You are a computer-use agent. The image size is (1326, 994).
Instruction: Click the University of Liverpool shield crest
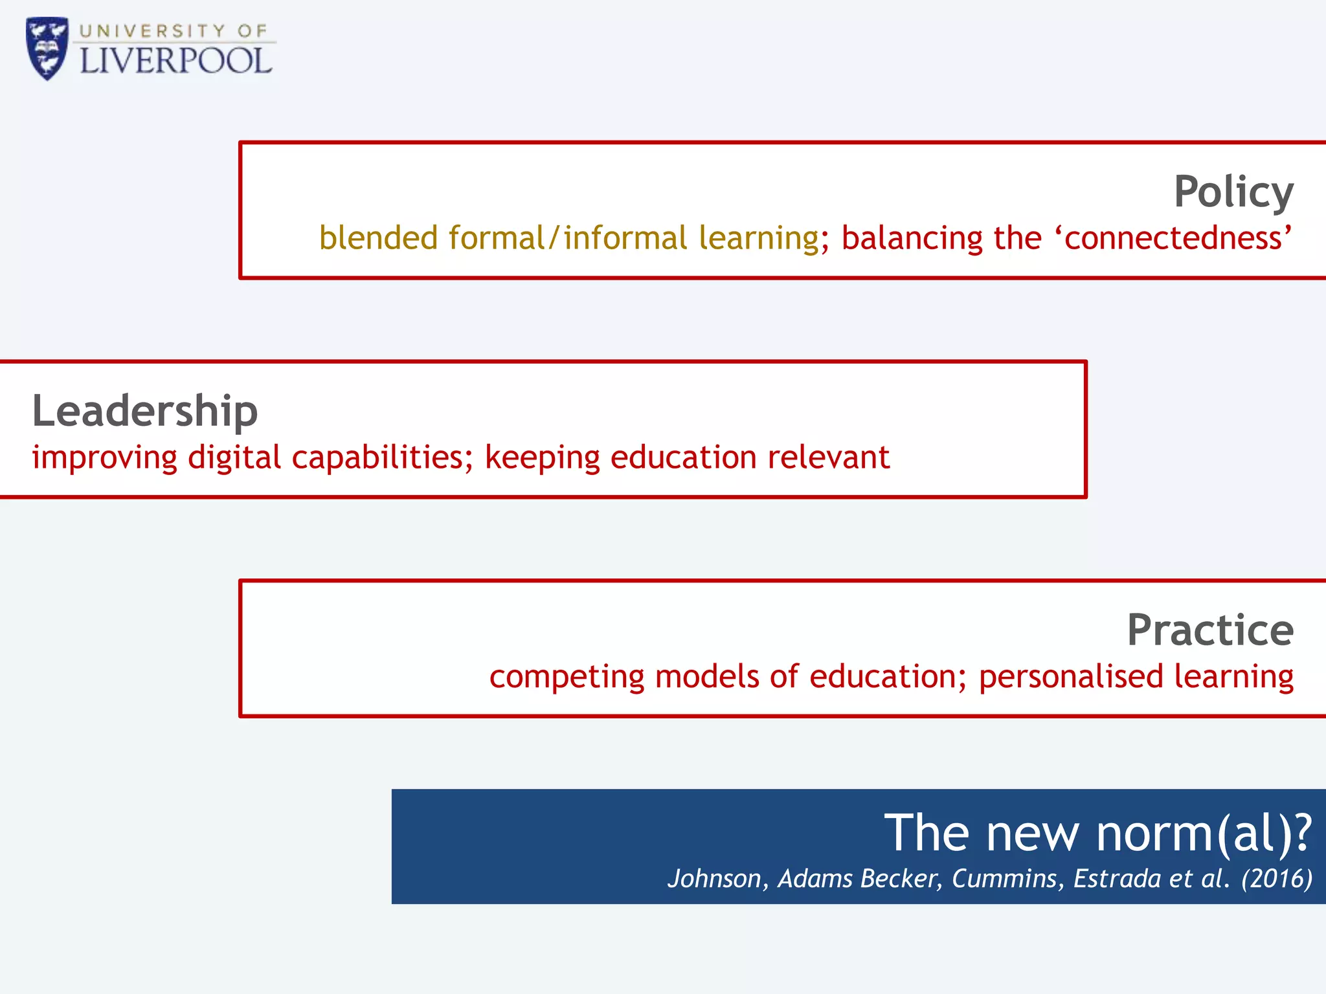(47, 48)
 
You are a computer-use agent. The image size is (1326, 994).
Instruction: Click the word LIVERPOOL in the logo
(175, 61)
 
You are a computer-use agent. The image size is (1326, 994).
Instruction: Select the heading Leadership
(145, 411)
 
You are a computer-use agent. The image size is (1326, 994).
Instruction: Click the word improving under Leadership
(104, 458)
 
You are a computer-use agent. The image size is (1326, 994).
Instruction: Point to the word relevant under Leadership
(828, 458)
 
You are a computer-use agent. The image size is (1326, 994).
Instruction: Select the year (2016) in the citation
(1276, 879)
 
